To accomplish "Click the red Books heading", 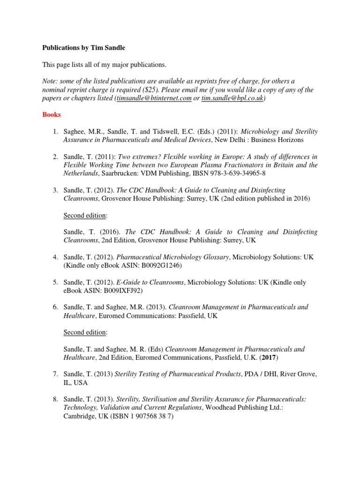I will [52, 114].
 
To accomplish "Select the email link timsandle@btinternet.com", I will [154, 98].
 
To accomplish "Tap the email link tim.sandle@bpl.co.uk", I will [232, 98].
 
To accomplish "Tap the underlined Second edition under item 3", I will [85, 215].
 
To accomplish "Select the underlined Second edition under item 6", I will [85, 332].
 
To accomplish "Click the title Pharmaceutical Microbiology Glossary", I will [172, 257].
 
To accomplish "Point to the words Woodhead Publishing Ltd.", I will [244, 407].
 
